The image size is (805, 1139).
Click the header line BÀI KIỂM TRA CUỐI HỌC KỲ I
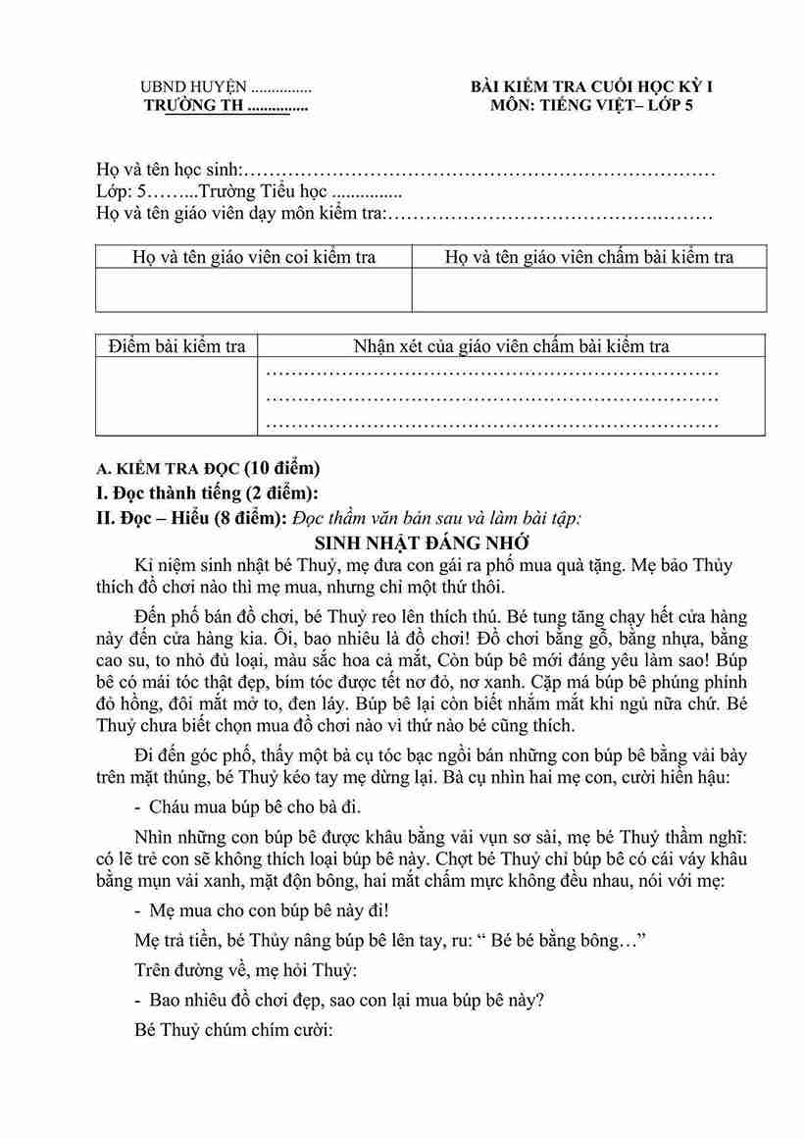point(591,87)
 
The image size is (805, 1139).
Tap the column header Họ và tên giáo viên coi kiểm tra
point(254,257)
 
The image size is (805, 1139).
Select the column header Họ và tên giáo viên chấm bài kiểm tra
point(589,257)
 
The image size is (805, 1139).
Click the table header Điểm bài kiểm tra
point(177,345)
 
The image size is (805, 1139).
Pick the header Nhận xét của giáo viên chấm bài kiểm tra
point(511,345)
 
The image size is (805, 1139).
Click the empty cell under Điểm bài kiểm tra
point(177,394)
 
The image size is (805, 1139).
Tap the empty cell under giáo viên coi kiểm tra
point(254,290)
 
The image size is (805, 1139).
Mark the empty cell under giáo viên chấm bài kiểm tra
point(589,290)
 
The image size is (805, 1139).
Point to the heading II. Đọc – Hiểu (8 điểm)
point(190,517)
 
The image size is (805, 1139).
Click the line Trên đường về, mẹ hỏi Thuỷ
point(247,970)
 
